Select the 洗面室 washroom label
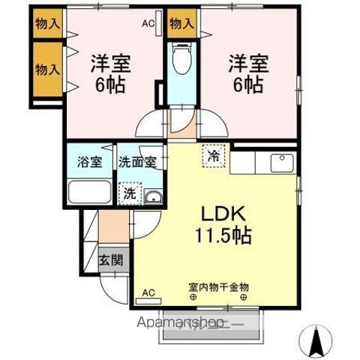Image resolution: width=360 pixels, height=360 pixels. click(x=136, y=162)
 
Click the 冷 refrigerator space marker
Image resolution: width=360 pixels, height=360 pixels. click(x=214, y=157)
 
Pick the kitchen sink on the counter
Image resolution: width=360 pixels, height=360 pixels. click(x=282, y=162)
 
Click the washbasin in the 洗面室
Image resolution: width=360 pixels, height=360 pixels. click(x=152, y=196)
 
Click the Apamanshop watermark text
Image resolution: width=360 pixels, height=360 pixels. click(x=179, y=324)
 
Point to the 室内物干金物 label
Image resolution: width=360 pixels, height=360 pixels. click(x=218, y=287)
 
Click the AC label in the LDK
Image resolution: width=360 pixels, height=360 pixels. click(x=148, y=292)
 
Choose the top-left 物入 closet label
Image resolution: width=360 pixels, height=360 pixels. click(x=48, y=23)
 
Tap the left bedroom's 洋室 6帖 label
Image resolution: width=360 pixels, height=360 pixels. click(x=111, y=73)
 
